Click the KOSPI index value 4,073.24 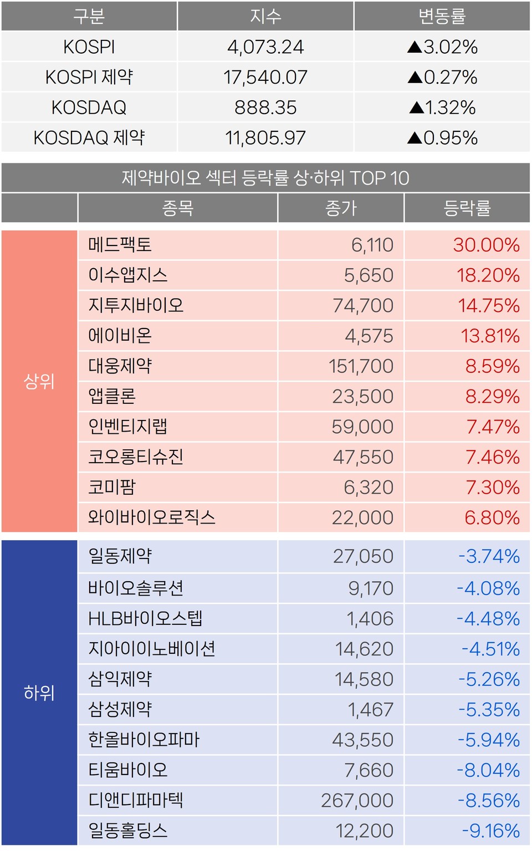tap(265, 47)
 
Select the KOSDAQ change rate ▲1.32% tap(442, 107)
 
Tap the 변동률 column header tap(442, 17)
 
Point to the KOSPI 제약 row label tap(89, 77)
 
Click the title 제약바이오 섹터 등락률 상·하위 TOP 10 tap(265, 178)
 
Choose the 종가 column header tap(341, 208)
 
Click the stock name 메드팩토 tap(120, 245)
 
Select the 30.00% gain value tap(486, 245)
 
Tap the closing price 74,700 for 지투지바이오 tap(363, 305)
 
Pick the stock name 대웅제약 tap(120, 366)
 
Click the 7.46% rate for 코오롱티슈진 tap(492, 457)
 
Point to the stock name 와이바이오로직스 tap(151, 517)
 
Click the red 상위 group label tap(39, 381)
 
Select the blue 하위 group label tap(39, 693)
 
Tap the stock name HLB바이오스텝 tap(145, 618)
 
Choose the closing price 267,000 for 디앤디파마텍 tap(357, 801)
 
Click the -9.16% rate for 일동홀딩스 tap(490, 831)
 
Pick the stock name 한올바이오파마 tap(144, 740)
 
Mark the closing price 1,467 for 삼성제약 tap(370, 710)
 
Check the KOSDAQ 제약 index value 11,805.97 tap(265, 138)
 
